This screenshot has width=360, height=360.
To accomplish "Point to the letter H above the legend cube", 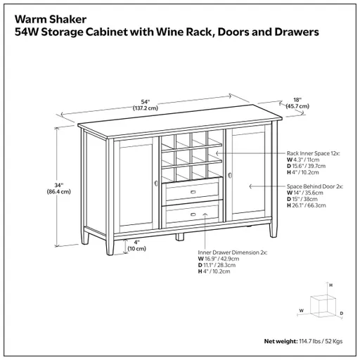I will coord(331,285).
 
